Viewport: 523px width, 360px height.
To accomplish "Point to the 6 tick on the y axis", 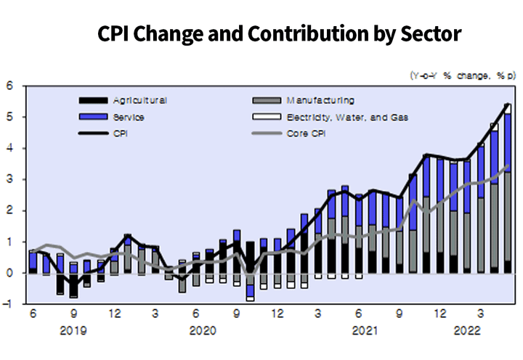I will tap(10, 86).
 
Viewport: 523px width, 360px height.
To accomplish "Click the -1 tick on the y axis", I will tap(9, 304).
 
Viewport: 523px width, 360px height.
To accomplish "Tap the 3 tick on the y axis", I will tap(10, 179).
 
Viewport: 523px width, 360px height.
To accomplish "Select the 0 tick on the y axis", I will tap(10, 273).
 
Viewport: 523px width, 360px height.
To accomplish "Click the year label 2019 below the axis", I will tap(74, 330).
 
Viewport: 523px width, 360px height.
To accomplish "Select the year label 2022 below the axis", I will tap(466, 330).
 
